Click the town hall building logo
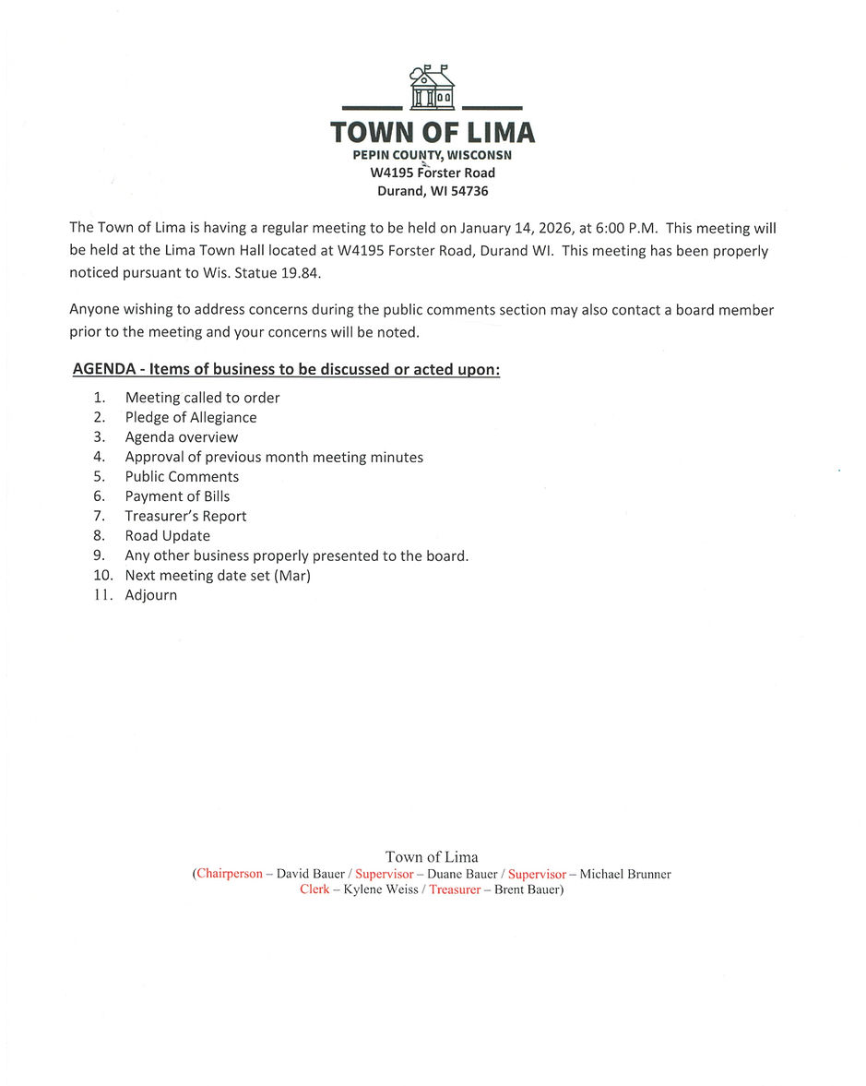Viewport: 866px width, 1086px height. [432, 88]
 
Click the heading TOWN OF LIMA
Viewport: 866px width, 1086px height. [433, 133]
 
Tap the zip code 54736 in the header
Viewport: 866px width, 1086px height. [469, 191]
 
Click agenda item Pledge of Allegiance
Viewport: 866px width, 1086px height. [191, 417]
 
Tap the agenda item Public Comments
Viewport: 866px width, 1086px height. [182, 476]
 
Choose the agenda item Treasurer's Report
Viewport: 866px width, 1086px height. [185, 516]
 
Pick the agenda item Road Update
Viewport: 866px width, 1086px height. [167, 535]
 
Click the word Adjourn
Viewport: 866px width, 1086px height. [150, 595]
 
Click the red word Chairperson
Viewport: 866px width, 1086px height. [229, 873]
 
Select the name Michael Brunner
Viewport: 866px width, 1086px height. [624, 874]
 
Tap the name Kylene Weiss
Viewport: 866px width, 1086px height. [380, 889]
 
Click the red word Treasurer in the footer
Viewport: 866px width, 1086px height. [455, 889]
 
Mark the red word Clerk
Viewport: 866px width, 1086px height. [314, 889]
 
